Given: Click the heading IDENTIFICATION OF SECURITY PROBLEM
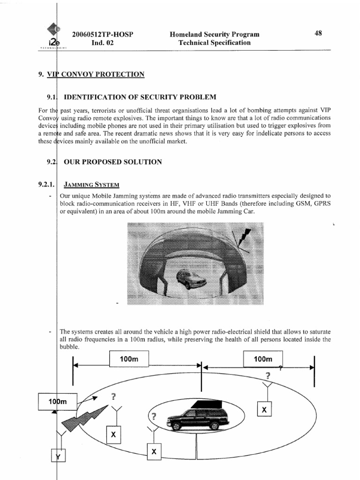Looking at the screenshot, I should pyautogui.click(x=140, y=97).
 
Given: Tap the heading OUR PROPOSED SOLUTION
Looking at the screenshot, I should pyautogui.click(x=113, y=162).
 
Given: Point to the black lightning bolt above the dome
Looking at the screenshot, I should pyautogui.click(x=244, y=237).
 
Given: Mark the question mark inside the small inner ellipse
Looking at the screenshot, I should pyautogui.click(x=153, y=416).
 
